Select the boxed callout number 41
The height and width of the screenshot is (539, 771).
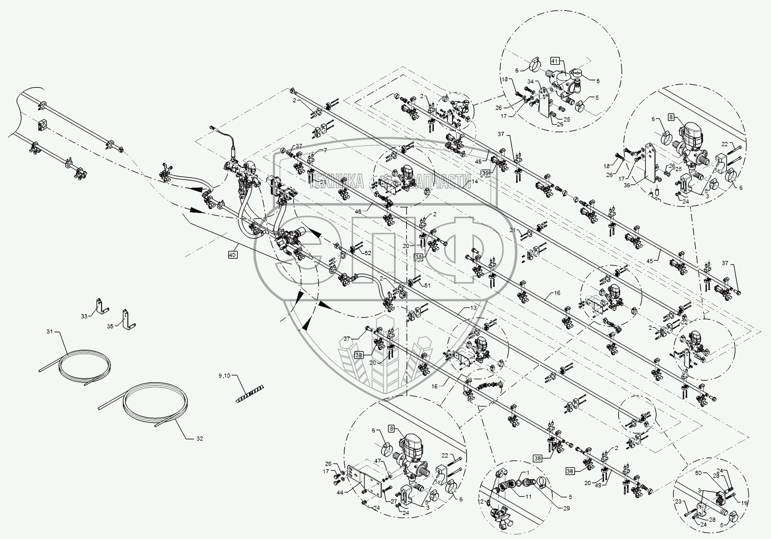pyautogui.click(x=554, y=61)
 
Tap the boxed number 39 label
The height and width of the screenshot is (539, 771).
pyautogui.click(x=485, y=173)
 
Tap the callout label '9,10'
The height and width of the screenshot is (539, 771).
pyautogui.click(x=224, y=376)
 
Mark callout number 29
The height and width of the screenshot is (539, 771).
pyautogui.click(x=566, y=508)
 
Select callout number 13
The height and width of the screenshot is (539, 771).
pyautogui.click(x=473, y=308)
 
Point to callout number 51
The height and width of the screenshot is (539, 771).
pyautogui.click(x=427, y=286)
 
